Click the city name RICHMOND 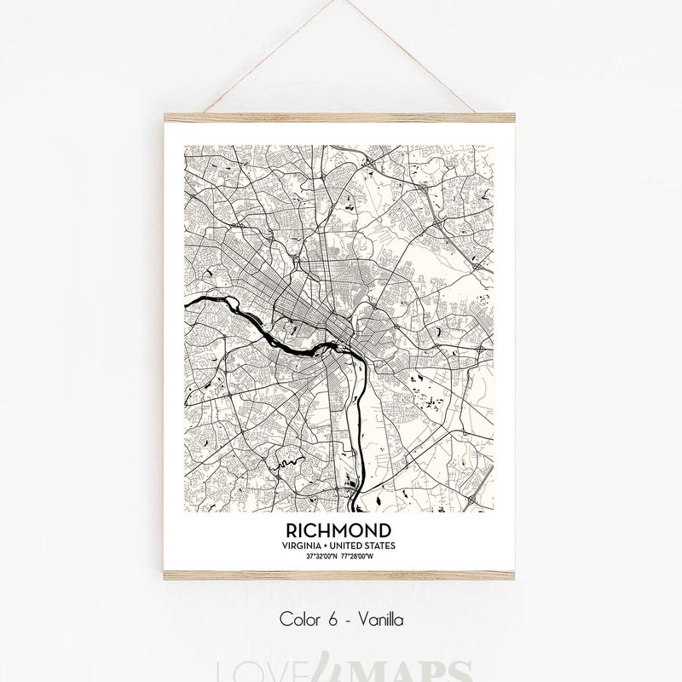pyautogui.click(x=341, y=530)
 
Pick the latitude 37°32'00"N pyautogui.click(x=321, y=556)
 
